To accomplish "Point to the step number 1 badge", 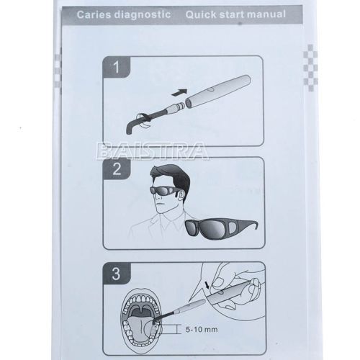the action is tap(117, 67).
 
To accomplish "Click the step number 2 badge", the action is tap(117, 168).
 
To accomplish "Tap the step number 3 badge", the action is tap(117, 274).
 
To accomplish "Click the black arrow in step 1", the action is tap(179, 92).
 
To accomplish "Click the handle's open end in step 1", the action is tap(189, 103).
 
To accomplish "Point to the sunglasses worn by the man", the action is tap(163, 191).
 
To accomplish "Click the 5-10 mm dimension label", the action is tap(202, 329).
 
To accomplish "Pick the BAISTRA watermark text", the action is tap(152, 151).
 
